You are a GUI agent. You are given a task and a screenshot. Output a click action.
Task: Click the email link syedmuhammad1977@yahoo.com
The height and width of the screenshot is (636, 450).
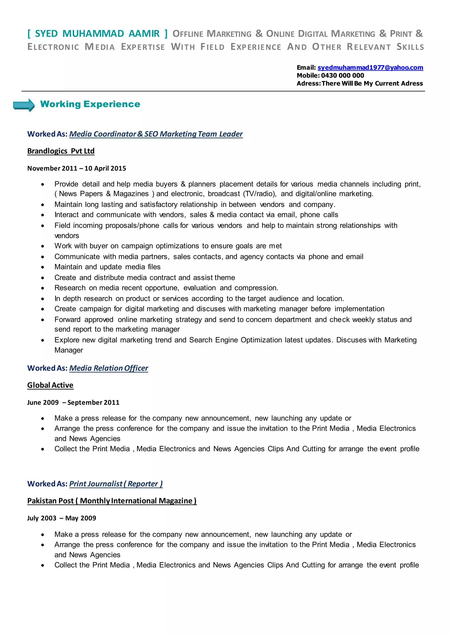tap(370, 68)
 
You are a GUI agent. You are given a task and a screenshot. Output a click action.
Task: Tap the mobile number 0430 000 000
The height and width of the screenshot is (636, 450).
tap(343, 75)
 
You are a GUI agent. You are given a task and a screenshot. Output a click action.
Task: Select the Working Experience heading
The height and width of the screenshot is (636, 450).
tap(90, 104)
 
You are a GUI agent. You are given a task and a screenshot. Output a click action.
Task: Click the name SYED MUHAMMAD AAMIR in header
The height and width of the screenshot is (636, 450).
tap(97, 34)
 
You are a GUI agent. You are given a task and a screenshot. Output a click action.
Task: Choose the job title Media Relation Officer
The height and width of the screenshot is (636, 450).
tap(109, 368)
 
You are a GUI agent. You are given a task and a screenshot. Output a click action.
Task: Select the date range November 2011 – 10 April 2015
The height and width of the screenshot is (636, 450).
tap(76, 168)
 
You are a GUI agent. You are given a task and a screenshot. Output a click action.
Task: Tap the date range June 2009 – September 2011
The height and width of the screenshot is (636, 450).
tap(73, 403)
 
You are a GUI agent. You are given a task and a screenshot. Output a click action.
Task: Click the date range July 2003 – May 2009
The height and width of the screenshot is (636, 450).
tap(62, 518)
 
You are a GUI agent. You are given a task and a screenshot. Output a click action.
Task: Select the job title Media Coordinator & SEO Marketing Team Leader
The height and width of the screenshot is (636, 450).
tap(156, 134)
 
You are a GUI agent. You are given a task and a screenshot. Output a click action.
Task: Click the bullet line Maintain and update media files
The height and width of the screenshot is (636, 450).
tap(107, 267)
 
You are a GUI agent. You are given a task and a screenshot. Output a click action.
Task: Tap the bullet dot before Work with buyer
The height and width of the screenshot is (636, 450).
tap(43, 246)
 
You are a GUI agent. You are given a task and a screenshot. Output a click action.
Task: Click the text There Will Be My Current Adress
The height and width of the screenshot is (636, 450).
tap(372, 83)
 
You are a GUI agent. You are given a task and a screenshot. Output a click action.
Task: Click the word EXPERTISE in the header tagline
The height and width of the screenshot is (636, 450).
tap(143, 47)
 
